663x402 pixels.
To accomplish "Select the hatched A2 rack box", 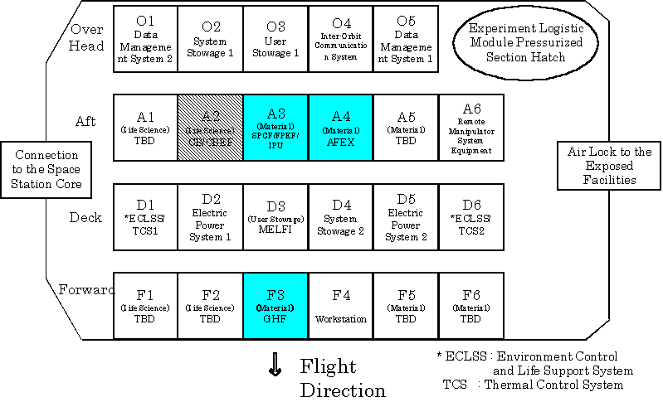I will click(x=211, y=127).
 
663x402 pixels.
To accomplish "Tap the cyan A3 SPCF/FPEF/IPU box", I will click(x=275, y=127).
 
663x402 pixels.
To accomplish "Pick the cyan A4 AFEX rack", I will click(x=340, y=127).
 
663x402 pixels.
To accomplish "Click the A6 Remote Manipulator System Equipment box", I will click(x=471, y=127).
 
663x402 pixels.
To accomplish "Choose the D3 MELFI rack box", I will click(x=275, y=217).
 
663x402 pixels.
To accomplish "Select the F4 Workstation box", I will click(x=340, y=306).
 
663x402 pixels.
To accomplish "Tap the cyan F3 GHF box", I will click(x=275, y=306).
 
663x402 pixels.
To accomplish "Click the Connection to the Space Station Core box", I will click(x=46, y=169).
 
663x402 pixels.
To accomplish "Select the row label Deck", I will click(x=85, y=217).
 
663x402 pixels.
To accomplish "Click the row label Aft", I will click(x=85, y=121).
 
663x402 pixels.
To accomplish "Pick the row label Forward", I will click(x=85, y=289).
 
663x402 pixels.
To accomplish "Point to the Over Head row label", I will click(x=86, y=37).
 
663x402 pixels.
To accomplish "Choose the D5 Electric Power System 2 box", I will click(x=406, y=217).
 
